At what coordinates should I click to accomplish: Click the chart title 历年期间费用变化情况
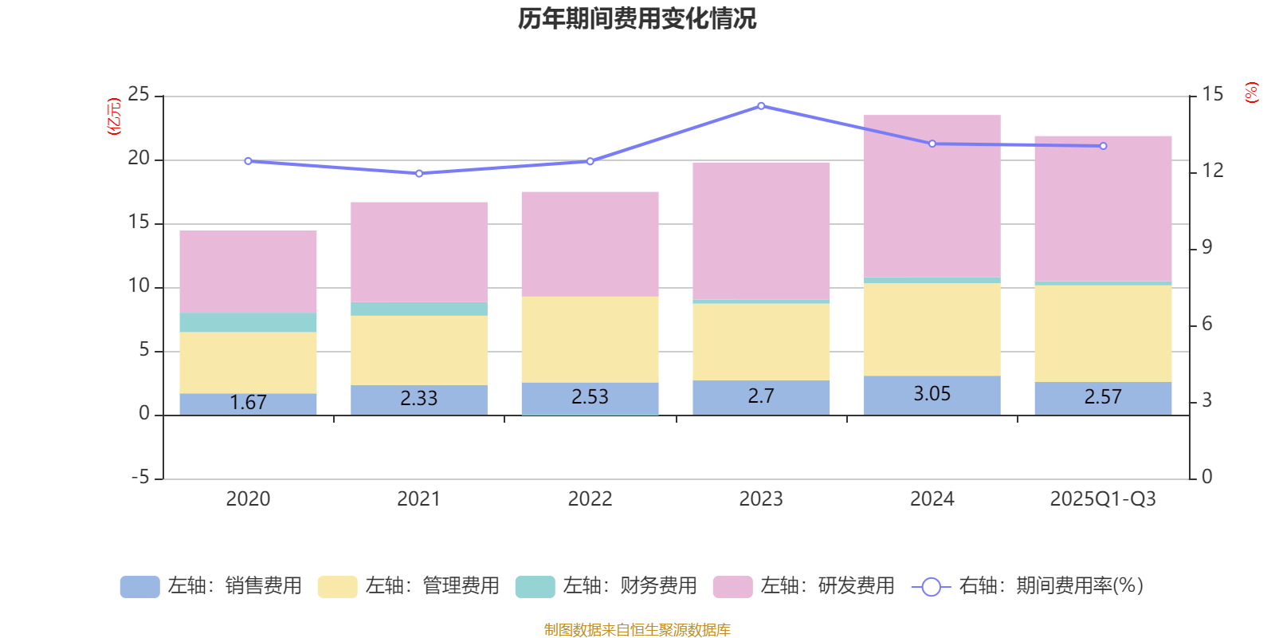[637, 18]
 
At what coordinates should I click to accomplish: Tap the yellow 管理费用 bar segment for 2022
[590, 339]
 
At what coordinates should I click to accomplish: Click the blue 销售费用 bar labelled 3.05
[932, 395]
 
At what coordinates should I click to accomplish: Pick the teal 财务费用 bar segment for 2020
[248, 322]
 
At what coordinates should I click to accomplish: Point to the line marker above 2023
[761, 105]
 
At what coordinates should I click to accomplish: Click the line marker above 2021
[419, 173]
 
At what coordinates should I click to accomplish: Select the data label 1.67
[248, 403]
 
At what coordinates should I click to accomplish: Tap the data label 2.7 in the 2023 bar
[761, 396]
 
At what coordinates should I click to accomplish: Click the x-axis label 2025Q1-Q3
[1102, 499]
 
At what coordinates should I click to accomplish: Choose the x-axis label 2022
[590, 499]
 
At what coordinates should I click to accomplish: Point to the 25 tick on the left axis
[139, 95]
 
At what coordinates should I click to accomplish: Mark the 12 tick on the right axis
[1213, 171]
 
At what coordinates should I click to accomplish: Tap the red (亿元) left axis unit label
[114, 116]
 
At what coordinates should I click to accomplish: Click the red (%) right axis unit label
[1252, 93]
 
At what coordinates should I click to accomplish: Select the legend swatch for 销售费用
[139, 587]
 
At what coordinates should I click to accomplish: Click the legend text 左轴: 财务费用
[630, 586]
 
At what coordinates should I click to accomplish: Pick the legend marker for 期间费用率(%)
[931, 587]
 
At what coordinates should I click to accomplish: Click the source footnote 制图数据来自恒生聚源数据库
[637, 630]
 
